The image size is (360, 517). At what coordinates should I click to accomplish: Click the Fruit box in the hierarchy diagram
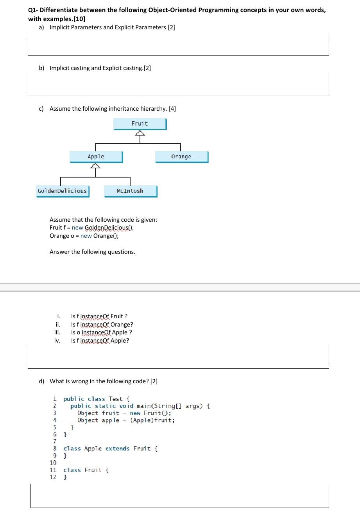tap(140, 124)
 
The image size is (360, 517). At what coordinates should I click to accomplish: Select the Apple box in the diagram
tap(96, 156)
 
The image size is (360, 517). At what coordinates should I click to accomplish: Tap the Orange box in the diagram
tap(181, 156)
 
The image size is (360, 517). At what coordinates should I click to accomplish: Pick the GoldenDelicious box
tap(62, 191)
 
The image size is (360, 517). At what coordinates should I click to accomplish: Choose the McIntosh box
tap(130, 191)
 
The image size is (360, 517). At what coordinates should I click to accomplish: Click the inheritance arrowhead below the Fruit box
tap(140, 133)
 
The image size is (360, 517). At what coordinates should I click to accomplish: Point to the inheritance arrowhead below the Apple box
tap(95, 166)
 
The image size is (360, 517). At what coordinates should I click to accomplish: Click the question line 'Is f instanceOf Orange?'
tap(102, 324)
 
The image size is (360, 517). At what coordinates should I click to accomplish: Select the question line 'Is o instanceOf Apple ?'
tap(101, 332)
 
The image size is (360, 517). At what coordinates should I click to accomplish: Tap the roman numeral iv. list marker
tap(57, 341)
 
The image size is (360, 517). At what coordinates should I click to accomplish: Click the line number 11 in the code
tap(53, 470)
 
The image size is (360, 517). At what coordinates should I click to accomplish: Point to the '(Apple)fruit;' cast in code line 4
tap(152, 420)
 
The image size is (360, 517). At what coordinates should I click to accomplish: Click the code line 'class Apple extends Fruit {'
tap(110, 449)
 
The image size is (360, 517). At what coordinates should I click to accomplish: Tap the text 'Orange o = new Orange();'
tap(84, 236)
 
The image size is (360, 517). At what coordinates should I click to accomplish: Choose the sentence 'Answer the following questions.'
tap(92, 252)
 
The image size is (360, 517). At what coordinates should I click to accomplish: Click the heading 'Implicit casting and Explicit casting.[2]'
tap(100, 68)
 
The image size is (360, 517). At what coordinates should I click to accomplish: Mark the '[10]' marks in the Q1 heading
tap(78, 19)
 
